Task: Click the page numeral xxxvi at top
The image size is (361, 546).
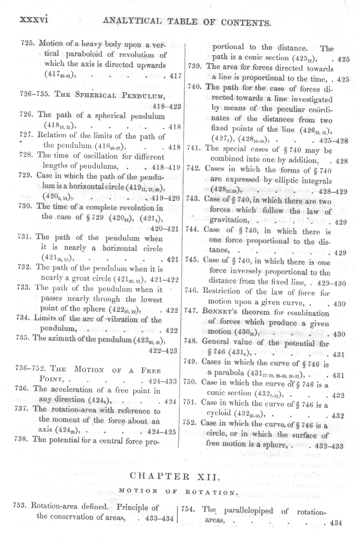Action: click(34, 20)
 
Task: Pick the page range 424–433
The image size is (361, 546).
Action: click(162, 381)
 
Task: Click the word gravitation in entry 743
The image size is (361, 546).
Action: click(230, 220)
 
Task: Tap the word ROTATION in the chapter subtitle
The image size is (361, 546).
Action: click(211, 492)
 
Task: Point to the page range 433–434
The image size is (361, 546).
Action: click(159, 518)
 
